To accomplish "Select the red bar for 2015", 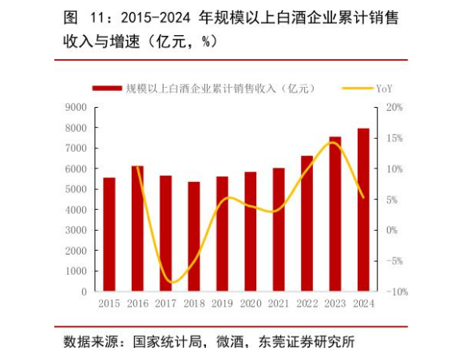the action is coord(109,235).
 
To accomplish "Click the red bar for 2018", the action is coord(194,236).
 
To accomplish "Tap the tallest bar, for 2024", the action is coord(363,210).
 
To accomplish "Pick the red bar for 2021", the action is coord(279,230).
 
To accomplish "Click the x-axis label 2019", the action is coord(222,303).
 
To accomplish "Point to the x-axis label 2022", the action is coord(307,303).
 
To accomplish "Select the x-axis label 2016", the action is coord(137,303).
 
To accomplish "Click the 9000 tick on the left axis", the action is coord(76,108).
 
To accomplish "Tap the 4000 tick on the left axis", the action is coord(76,210).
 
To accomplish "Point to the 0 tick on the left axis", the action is coord(84,292).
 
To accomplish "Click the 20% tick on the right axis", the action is coord(394,107).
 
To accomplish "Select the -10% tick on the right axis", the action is coord(398,292).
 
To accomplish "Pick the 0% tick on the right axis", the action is coord(392,230).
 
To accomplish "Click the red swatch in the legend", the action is coord(107,89).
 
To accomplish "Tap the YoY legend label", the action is coord(384,89).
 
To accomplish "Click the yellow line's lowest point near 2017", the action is coord(172,283).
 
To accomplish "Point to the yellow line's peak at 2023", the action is coord(333,143).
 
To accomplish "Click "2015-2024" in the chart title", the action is coord(156,18).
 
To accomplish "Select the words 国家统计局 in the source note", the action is coord(168,342).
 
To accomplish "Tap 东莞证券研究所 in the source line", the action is coord(307,342).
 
